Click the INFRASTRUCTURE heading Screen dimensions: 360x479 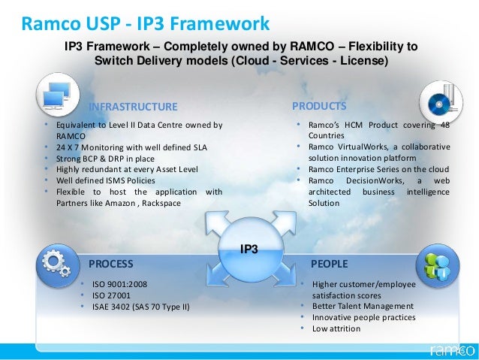[x=133, y=106]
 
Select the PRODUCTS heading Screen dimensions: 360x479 [x=319, y=106]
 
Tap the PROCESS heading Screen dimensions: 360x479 [x=111, y=264]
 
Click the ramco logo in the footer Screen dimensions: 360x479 [x=450, y=349]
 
